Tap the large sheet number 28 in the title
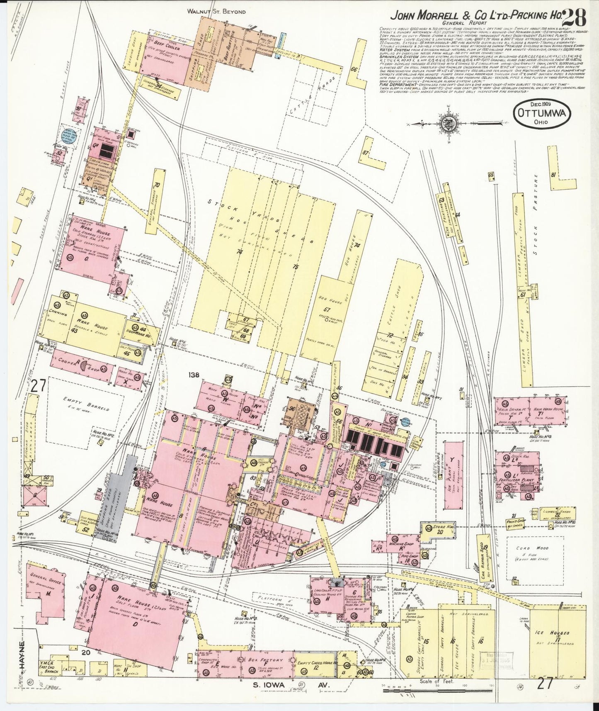point(575,17)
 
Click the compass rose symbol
point(448,123)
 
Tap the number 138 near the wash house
point(193,375)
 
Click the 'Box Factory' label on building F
point(260,660)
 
